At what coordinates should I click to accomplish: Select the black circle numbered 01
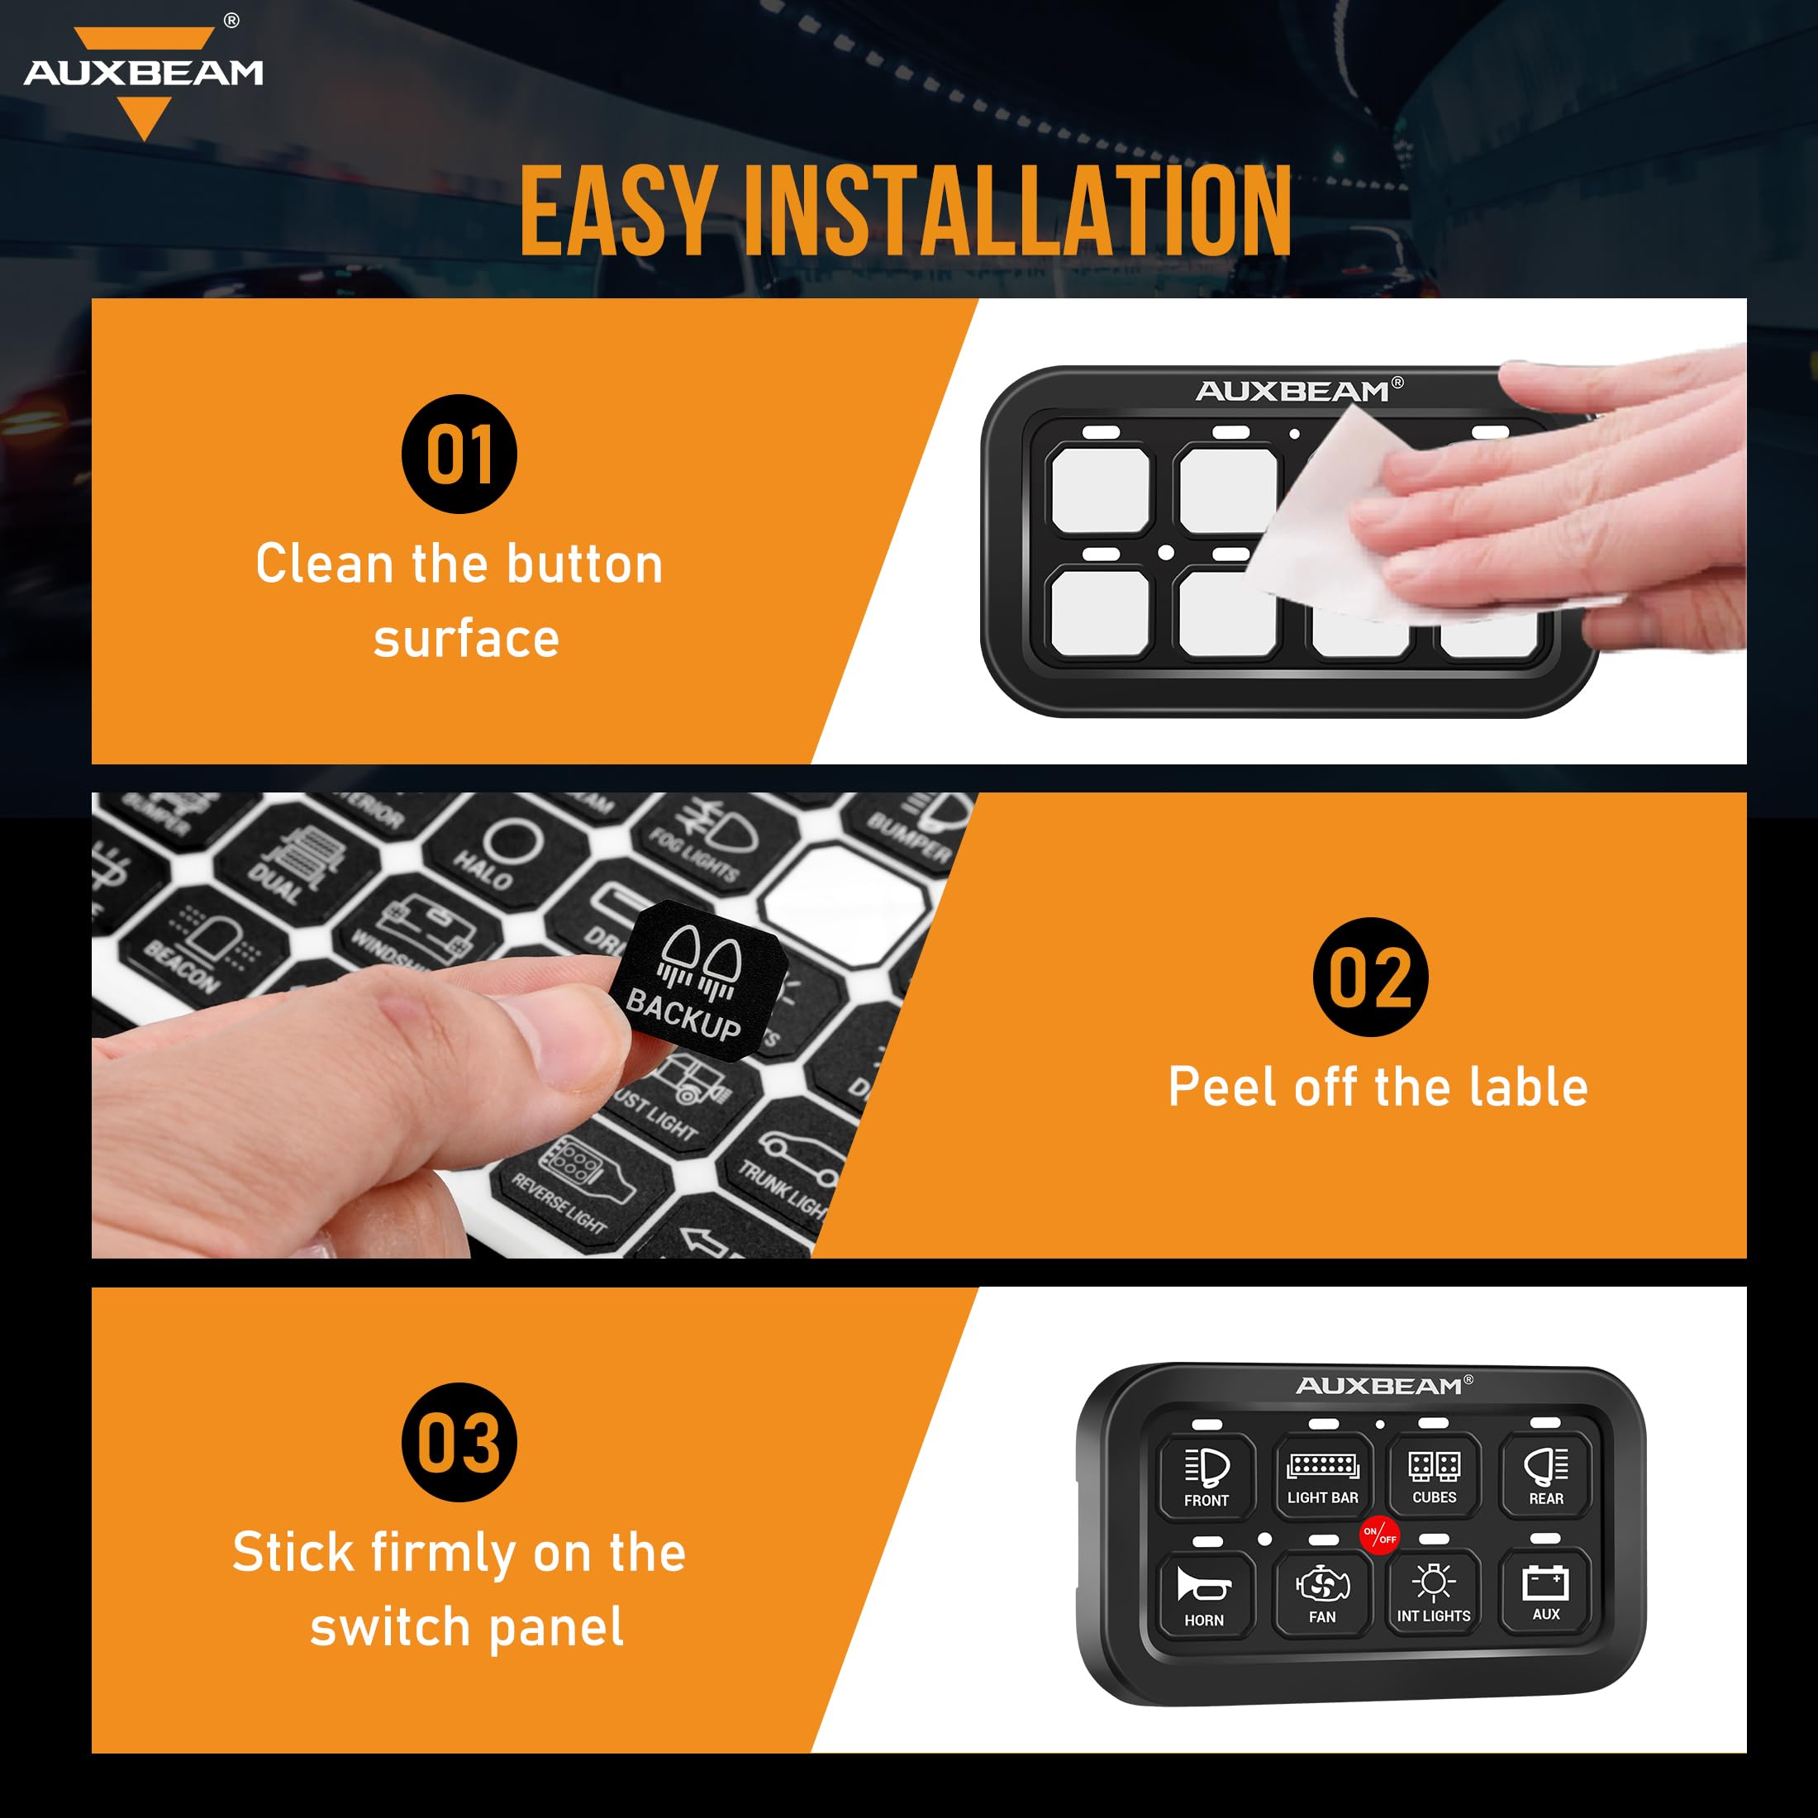click(459, 454)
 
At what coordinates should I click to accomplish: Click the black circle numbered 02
click(1370, 977)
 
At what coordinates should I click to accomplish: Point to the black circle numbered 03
click(459, 1443)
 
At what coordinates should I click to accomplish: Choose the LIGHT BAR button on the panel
click(1322, 1476)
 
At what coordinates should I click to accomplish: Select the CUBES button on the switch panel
click(1434, 1474)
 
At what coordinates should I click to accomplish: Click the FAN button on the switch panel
click(1322, 1594)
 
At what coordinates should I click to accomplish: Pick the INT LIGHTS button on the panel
click(1433, 1592)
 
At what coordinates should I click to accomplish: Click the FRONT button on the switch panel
click(1206, 1477)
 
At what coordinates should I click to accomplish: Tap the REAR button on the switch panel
click(1545, 1474)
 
